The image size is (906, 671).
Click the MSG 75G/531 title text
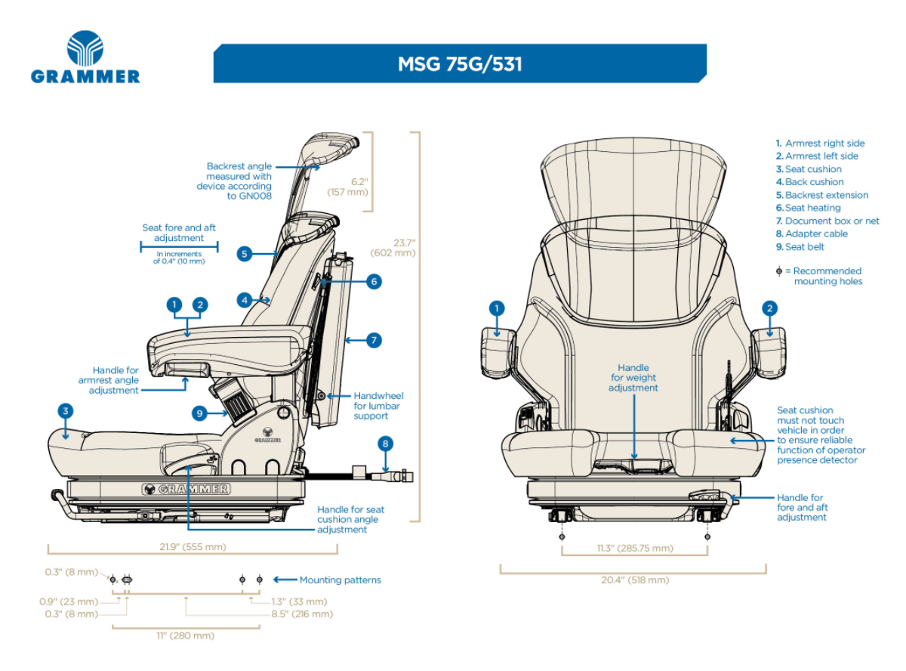click(460, 64)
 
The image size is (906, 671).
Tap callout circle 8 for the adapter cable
click(386, 444)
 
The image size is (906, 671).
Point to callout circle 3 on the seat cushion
click(66, 411)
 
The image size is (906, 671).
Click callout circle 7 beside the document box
click(374, 340)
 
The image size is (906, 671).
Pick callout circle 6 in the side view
click(374, 282)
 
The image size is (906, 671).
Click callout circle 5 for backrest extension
click(244, 254)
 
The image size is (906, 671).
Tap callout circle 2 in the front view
click(769, 308)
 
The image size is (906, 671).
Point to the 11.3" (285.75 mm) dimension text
click(635, 548)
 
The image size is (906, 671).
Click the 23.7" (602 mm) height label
click(393, 248)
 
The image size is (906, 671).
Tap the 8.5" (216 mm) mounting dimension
click(302, 614)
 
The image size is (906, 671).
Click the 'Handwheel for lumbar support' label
click(378, 406)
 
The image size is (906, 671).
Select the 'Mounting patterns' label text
click(340, 580)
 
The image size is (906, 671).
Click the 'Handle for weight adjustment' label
click(633, 377)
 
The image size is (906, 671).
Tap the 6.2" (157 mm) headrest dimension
click(348, 187)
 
